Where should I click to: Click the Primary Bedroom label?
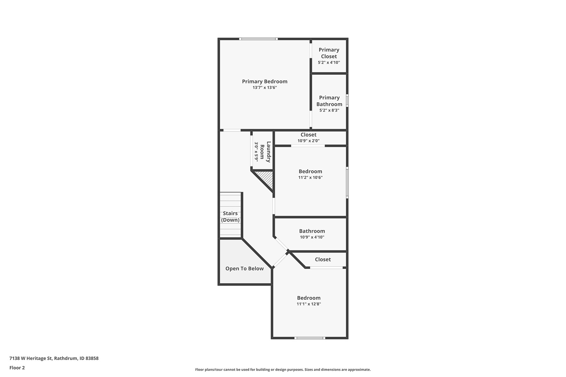[264, 81]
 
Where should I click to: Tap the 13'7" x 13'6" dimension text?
[264, 88]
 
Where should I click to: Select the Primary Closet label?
[329, 53]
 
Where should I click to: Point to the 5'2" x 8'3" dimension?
[329, 110]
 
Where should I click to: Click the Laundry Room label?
[265, 152]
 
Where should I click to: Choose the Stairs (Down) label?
[230, 216]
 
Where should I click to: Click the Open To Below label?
[244, 269]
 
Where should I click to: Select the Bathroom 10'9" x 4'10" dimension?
[312, 237]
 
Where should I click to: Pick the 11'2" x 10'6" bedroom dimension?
[310, 178]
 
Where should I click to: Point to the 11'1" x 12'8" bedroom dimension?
[309, 304]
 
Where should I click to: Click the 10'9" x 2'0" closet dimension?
[308, 141]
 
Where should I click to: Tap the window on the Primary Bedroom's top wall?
[258, 39]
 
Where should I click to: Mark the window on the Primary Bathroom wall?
[347, 101]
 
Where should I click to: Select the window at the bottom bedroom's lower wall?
[310, 338]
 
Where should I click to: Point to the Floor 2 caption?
[17, 368]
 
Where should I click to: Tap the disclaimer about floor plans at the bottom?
[283, 369]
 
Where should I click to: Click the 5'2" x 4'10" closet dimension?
[329, 63]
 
